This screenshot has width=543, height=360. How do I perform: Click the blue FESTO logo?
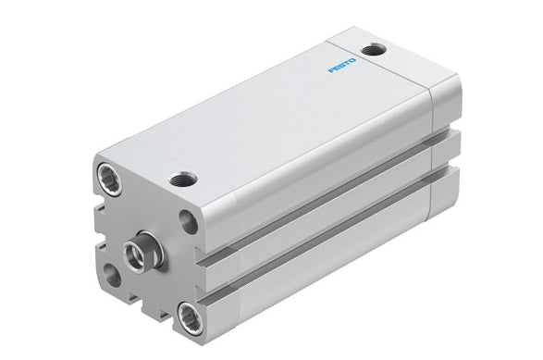(341, 66)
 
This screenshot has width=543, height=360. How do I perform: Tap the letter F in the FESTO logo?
(331, 70)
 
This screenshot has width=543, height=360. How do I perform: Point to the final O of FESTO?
(352, 61)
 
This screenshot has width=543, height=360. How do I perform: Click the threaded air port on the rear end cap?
(373, 50)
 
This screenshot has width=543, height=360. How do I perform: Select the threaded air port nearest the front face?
(182, 179)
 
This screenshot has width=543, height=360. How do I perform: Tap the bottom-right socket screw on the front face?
(191, 318)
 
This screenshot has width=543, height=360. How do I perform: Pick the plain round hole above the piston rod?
(189, 222)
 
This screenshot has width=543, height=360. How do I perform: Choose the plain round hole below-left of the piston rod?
(112, 276)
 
